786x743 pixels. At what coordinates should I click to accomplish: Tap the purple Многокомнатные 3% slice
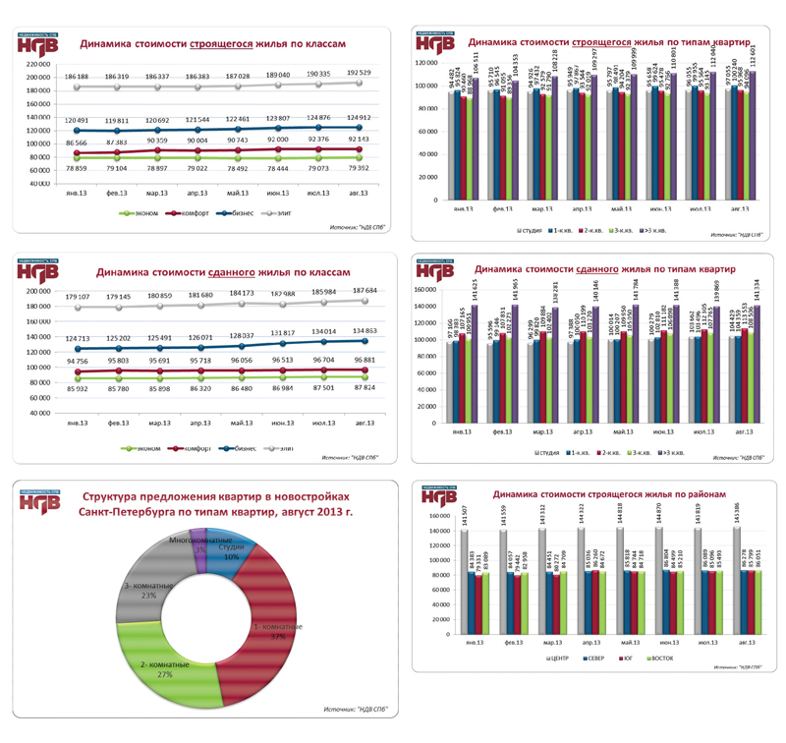coord(197,537)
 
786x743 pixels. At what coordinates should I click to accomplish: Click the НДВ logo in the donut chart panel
coord(38,502)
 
